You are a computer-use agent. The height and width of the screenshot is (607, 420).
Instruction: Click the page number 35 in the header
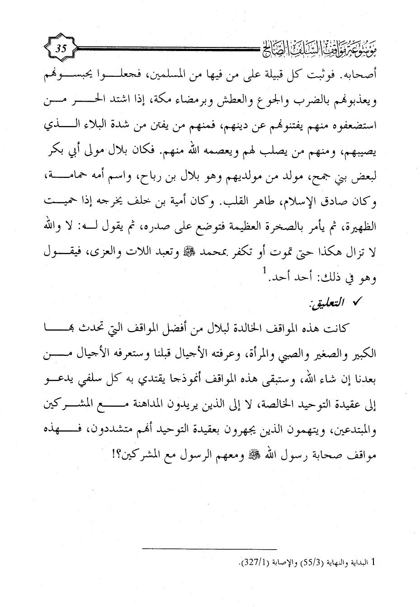point(61,48)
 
